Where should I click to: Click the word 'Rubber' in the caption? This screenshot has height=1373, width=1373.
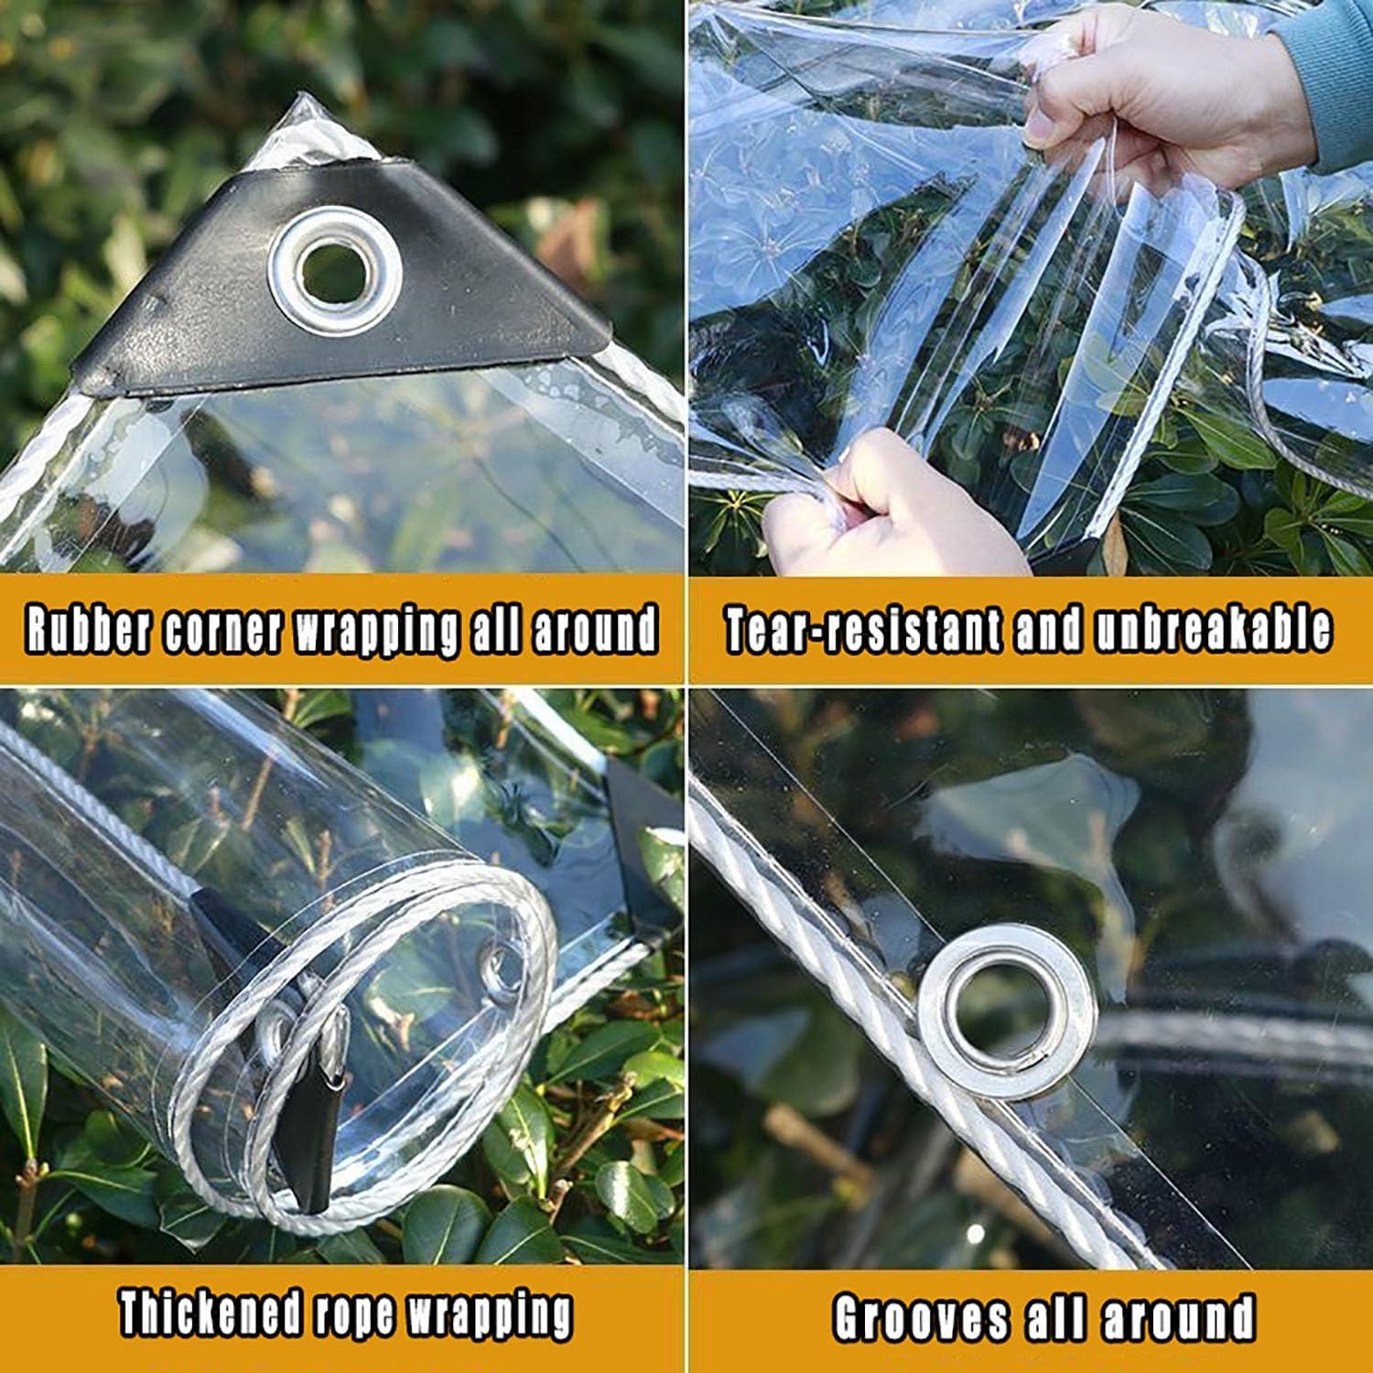point(88,629)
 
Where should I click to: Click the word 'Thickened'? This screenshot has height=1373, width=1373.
point(210,1314)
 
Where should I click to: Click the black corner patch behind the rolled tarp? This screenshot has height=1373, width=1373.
point(641,824)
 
